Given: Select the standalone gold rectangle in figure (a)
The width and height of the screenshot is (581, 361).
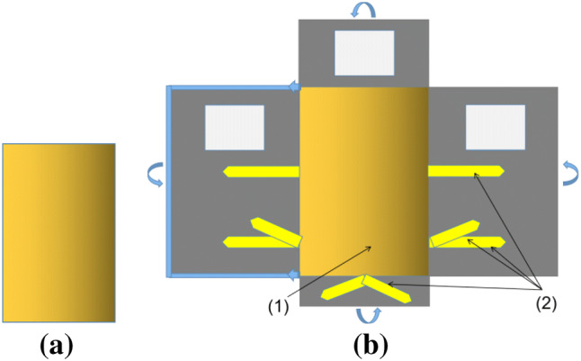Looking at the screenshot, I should (58, 232).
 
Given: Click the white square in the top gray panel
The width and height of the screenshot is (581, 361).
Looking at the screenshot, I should (364, 52).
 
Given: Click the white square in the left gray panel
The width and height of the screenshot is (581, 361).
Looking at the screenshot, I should (235, 127).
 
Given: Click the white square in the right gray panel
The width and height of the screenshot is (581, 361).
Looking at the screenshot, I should (495, 127).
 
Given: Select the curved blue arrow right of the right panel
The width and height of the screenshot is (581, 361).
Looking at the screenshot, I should (569, 173).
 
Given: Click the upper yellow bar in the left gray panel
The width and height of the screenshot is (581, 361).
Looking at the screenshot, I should (261, 171).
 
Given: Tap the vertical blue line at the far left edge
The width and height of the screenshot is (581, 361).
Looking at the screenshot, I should (169, 180).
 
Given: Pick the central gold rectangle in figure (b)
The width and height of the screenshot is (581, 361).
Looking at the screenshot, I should (363, 180).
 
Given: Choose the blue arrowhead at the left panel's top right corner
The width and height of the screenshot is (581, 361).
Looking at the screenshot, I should (293, 86).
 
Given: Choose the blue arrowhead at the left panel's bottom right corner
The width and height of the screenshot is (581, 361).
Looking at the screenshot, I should (293, 274).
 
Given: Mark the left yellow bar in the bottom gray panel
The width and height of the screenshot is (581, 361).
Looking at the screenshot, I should (343, 287).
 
